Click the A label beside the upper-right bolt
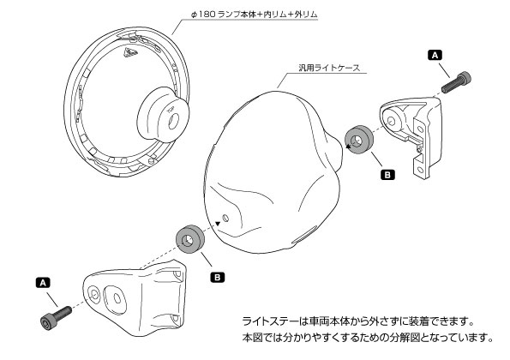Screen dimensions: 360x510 point(435,55)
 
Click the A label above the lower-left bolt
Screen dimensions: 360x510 point(44,281)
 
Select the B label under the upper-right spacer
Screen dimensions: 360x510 point(386,172)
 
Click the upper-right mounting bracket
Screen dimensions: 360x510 point(411,137)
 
